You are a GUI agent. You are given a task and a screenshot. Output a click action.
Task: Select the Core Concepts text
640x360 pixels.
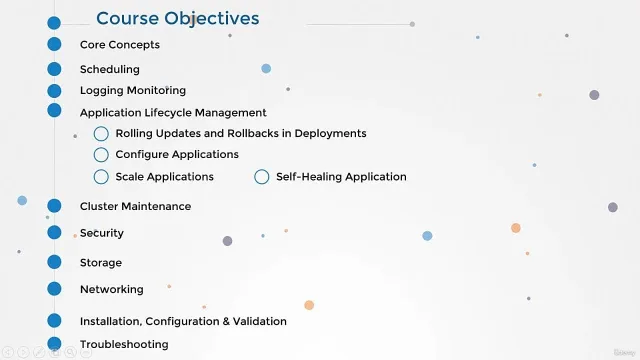pos(120,44)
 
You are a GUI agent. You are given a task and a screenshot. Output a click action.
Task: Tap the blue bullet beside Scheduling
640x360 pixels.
pos(54,69)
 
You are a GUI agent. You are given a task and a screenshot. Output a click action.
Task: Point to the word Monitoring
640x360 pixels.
pos(157,90)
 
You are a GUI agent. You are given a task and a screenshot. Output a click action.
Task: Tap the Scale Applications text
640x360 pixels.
pos(164,177)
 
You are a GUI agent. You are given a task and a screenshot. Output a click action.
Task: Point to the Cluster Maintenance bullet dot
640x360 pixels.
pos(54,206)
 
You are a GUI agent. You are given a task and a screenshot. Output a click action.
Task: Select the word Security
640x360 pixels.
pos(102,233)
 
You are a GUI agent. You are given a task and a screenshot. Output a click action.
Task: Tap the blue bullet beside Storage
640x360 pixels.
pos(54,262)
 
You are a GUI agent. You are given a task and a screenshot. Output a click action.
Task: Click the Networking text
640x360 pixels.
pos(111,289)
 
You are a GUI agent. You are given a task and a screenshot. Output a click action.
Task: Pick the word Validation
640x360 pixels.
pos(260,321)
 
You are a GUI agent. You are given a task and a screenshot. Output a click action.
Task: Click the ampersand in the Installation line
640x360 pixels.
pos(226,321)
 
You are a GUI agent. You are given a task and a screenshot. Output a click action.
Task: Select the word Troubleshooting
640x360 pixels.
pos(124,344)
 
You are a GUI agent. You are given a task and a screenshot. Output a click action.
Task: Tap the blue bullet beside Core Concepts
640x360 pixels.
pos(54,44)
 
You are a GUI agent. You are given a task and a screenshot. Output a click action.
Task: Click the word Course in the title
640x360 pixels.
pos(127,19)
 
